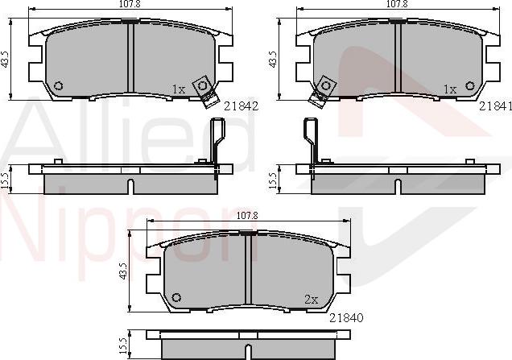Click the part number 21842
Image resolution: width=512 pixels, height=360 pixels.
241,106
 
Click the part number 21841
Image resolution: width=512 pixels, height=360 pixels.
495,106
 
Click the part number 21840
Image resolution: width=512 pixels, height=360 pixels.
346,317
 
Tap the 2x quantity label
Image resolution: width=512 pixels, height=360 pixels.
312,300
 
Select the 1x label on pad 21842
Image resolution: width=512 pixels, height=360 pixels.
179,89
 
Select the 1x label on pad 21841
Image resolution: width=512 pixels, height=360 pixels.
450,89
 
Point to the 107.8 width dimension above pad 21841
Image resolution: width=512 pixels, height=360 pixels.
397,3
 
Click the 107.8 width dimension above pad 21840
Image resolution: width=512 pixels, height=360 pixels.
247,215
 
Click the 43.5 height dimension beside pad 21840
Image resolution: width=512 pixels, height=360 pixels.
123,271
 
